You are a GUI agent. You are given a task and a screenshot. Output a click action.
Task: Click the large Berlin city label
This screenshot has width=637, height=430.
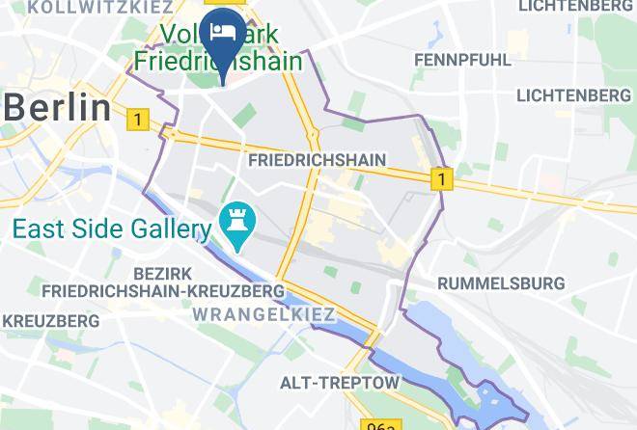click(58, 107)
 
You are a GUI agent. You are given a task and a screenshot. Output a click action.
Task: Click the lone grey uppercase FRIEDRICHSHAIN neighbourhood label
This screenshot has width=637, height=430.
click(317, 160)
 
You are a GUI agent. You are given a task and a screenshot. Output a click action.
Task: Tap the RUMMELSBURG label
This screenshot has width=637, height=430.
click(501, 283)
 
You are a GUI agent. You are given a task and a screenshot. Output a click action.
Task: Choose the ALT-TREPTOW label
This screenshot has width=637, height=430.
click(339, 383)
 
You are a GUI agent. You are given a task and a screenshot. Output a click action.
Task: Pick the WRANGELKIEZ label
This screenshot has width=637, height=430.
click(263, 314)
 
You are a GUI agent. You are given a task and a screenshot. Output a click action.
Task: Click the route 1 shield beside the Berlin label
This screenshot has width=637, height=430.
click(138, 120)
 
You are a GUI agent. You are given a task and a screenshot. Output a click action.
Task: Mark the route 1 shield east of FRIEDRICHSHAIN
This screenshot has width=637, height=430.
click(441, 178)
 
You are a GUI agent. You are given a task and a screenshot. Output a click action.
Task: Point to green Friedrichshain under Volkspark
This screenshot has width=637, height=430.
click(217, 61)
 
